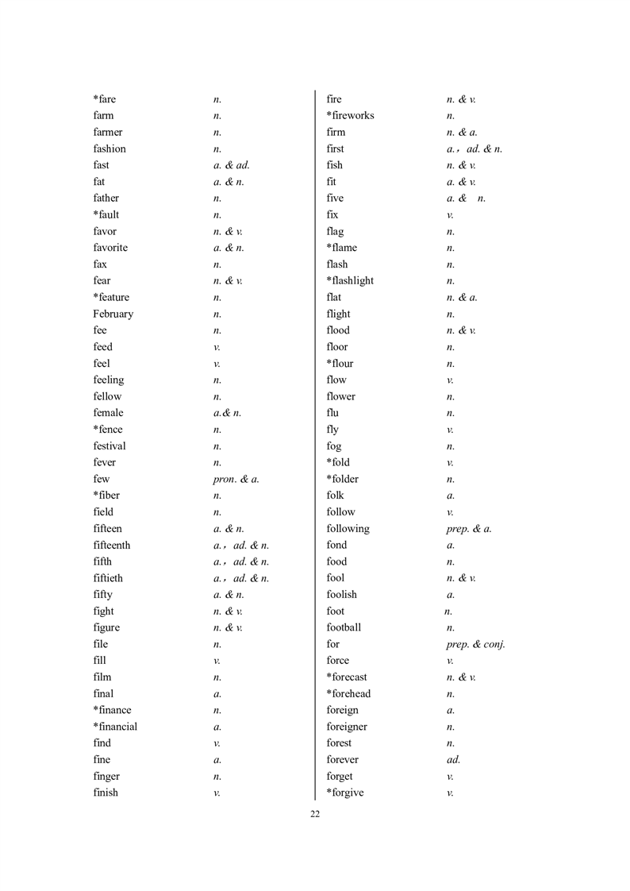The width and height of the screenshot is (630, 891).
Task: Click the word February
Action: [x=113, y=314]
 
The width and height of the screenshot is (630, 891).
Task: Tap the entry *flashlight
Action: [x=350, y=280]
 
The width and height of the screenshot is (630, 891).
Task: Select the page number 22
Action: [x=315, y=814]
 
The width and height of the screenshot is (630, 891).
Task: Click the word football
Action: [x=344, y=627]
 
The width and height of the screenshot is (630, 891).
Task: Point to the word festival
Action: [x=109, y=445]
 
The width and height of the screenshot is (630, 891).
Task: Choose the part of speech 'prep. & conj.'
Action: [x=476, y=644]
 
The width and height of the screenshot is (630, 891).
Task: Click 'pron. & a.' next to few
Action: [x=236, y=479]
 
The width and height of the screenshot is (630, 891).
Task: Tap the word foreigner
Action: [x=347, y=727]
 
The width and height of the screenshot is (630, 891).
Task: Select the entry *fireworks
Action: [x=350, y=115]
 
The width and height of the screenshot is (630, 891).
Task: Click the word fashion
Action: [x=109, y=148]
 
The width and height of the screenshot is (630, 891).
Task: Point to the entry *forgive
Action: [x=345, y=793]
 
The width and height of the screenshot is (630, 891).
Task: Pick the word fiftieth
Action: [x=108, y=578]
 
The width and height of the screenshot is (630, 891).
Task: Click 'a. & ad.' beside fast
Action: [x=232, y=165]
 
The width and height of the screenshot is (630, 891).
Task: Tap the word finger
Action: [x=106, y=776]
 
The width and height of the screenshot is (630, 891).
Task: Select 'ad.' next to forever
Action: [x=453, y=759]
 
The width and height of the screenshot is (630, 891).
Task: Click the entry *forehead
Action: [x=348, y=693]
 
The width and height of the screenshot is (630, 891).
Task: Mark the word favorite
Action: [x=110, y=248]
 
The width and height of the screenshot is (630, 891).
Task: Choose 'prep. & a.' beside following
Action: [x=469, y=528]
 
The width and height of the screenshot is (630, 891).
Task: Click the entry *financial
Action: [x=115, y=727]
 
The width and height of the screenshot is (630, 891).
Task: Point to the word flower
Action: [x=341, y=396]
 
